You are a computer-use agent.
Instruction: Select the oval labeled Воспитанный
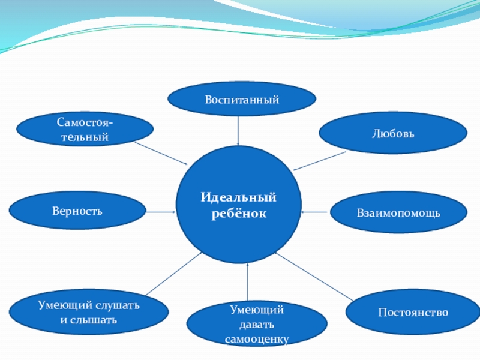[x=242, y=98]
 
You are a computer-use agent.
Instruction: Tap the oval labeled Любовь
[x=392, y=133]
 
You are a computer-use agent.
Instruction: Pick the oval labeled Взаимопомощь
[x=398, y=212]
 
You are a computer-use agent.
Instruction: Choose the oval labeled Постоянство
[x=413, y=312]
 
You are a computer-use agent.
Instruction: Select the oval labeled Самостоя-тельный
[x=83, y=130]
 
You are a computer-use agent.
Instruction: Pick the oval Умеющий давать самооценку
[x=257, y=325]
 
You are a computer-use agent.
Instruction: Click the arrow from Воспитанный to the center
[x=239, y=131]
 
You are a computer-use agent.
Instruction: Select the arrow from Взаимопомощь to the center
[x=316, y=212]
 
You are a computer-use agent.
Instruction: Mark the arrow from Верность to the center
[x=160, y=211]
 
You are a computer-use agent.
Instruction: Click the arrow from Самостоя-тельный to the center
[x=161, y=154]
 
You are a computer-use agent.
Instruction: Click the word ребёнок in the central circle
[x=239, y=214]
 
